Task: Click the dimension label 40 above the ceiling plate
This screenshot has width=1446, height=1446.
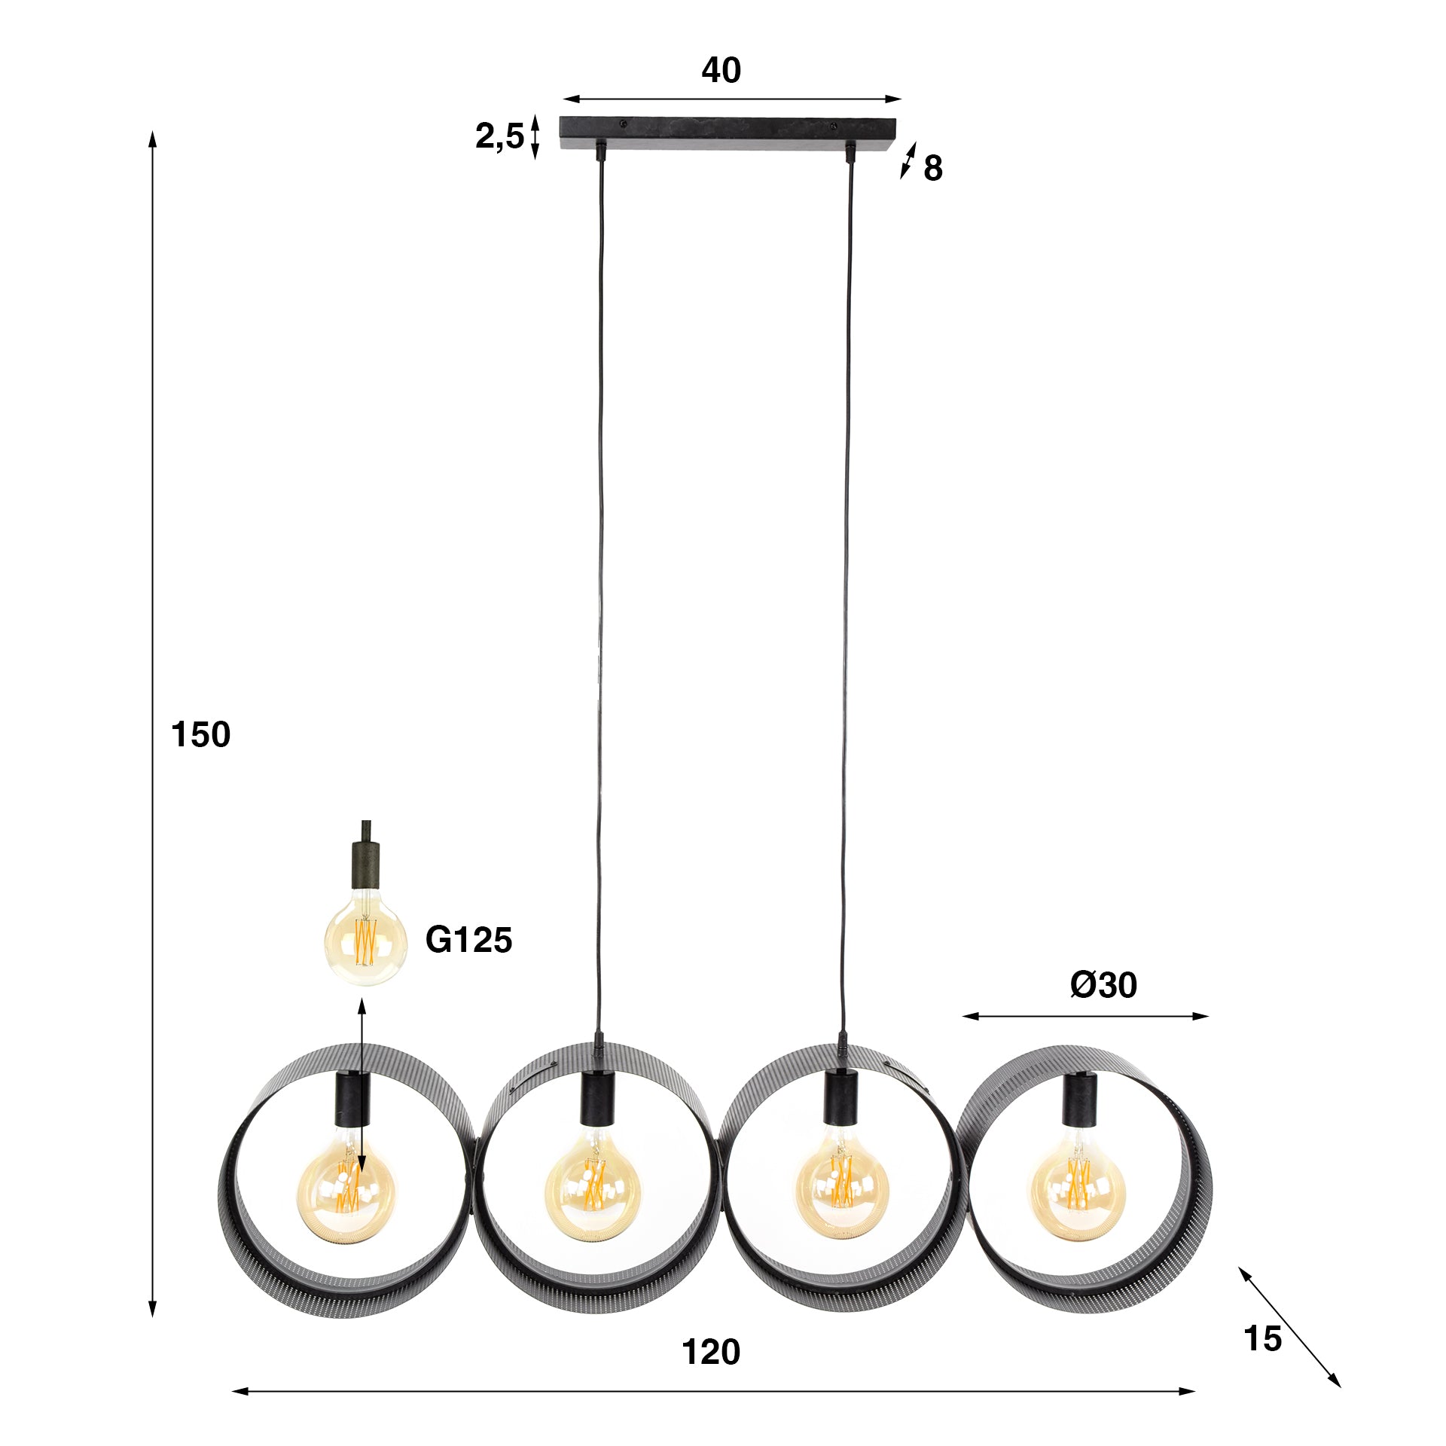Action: [721, 71]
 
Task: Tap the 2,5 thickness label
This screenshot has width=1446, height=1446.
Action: [499, 137]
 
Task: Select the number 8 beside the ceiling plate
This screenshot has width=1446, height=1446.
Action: [932, 169]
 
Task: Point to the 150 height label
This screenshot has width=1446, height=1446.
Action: [200, 734]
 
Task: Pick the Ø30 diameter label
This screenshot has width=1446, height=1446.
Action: [1103, 985]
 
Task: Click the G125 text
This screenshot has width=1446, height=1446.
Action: [468, 940]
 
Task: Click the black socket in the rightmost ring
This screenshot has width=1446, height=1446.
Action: [1080, 1099]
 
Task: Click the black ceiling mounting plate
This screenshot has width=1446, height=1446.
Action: [729, 133]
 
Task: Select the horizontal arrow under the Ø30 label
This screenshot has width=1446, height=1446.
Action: [1084, 1017]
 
